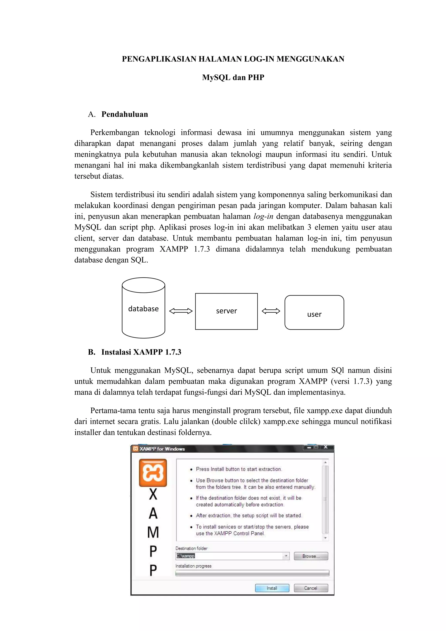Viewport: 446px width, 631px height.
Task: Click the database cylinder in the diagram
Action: [x=143, y=308]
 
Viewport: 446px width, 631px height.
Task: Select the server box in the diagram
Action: [x=226, y=311]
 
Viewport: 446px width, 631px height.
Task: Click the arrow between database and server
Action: [x=181, y=311]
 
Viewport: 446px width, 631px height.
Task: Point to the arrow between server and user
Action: [x=271, y=311]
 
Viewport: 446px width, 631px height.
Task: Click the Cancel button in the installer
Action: [x=311, y=588]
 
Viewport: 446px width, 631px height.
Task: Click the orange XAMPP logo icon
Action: [x=153, y=473]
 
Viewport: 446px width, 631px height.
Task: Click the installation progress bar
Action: [x=252, y=573]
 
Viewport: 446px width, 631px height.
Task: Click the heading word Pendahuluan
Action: [x=125, y=114]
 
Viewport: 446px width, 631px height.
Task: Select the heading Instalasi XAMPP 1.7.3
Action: [x=141, y=352]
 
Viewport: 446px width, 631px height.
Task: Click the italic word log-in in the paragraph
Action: [x=263, y=217]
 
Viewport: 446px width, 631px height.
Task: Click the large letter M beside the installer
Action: [x=153, y=532]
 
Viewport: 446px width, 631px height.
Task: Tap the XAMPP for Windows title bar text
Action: [x=162, y=449]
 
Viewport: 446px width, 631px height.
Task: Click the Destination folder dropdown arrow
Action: [x=286, y=556]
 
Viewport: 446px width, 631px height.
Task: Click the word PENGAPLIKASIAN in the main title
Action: [x=159, y=59]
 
